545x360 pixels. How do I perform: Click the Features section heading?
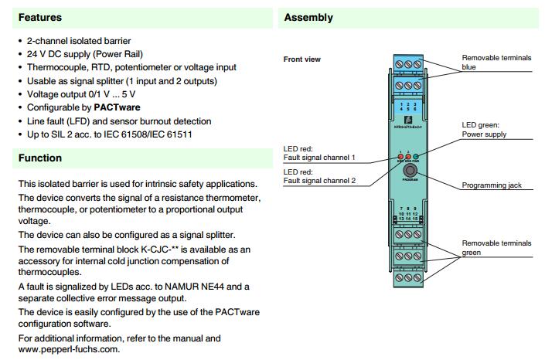coord(39,17)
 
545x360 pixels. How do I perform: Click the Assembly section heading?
coord(308,17)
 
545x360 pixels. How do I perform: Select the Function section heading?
coord(40,158)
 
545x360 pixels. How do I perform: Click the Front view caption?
coord(302,59)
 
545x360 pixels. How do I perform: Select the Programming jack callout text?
coord(495,185)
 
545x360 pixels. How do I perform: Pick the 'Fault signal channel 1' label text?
coord(319,158)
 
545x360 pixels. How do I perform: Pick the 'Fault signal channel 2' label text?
coord(319,181)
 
